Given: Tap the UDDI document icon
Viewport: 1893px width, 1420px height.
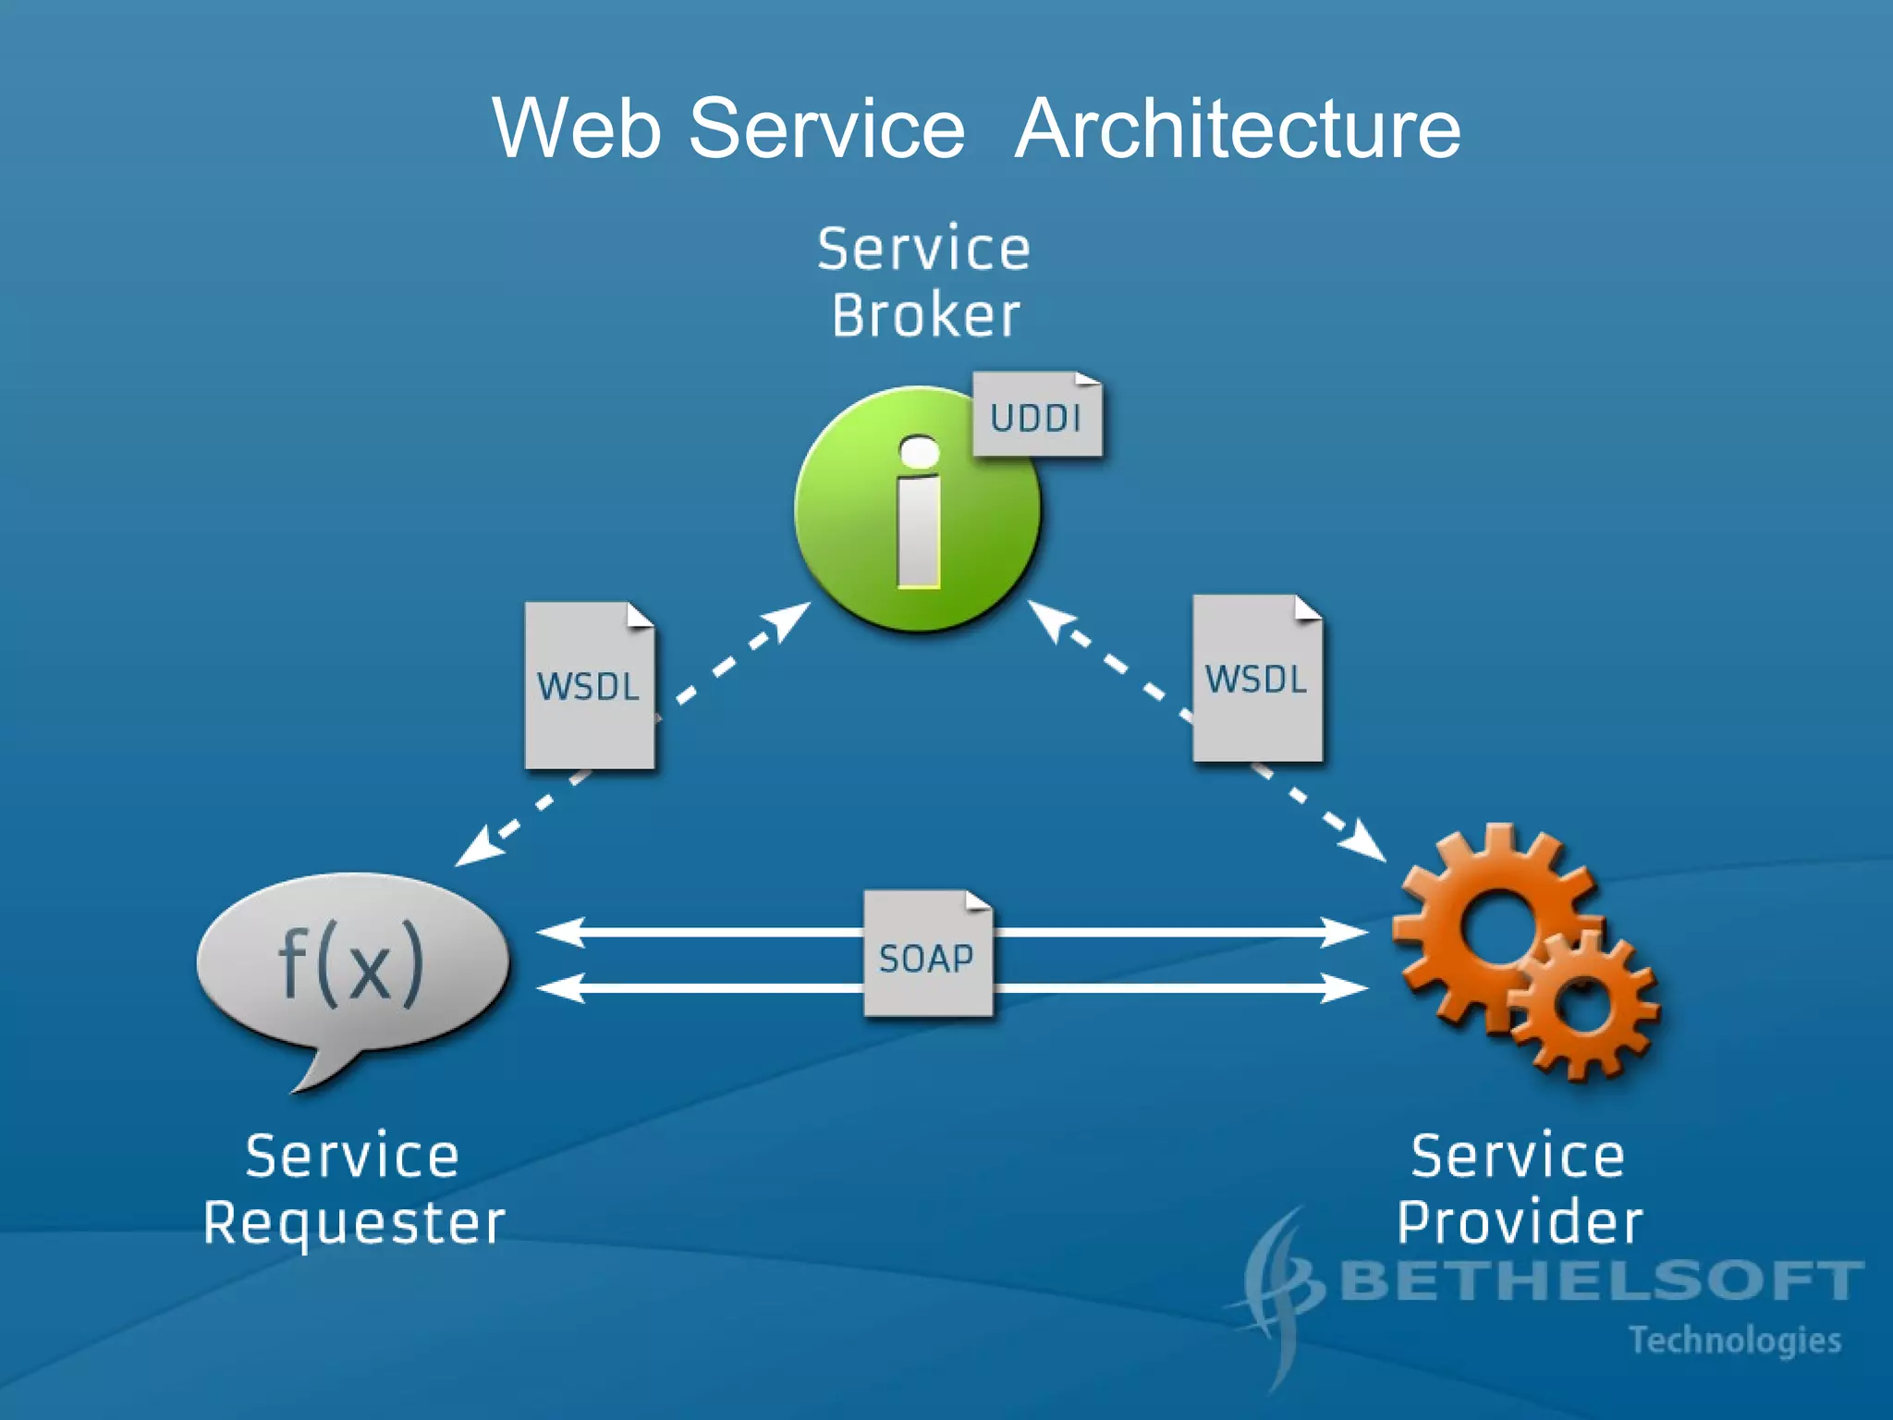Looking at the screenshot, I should click(x=1036, y=416).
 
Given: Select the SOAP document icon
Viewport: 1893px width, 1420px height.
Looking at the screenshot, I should click(x=927, y=955).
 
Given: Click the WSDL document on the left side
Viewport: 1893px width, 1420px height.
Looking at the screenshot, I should click(x=589, y=686).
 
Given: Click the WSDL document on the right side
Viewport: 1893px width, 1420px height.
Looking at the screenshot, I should click(x=1256, y=679).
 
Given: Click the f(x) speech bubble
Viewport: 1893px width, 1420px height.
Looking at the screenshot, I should click(x=351, y=966).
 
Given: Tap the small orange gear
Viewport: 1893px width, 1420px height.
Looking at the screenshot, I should click(x=1582, y=1005).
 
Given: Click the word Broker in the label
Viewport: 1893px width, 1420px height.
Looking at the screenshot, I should click(x=925, y=316).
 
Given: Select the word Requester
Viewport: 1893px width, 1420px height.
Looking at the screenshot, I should click(x=354, y=1223).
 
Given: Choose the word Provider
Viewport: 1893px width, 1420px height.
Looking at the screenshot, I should click(x=1519, y=1223).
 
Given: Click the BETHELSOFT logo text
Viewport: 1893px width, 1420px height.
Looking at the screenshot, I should click(x=1599, y=1281).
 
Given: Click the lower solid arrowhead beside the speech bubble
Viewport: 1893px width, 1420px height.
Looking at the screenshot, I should click(x=560, y=987).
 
